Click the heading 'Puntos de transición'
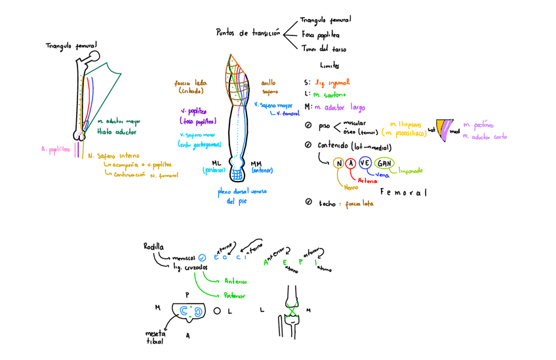(247, 32)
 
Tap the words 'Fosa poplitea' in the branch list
(321, 34)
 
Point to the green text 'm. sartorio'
(332, 95)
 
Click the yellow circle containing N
(338, 163)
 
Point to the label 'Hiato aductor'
(117, 132)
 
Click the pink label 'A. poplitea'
(55, 149)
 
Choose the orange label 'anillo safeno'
(269, 87)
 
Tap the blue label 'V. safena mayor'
(273, 105)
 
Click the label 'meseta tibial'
(155, 337)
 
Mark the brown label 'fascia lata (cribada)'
(191, 87)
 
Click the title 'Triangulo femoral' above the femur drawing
(71, 46)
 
